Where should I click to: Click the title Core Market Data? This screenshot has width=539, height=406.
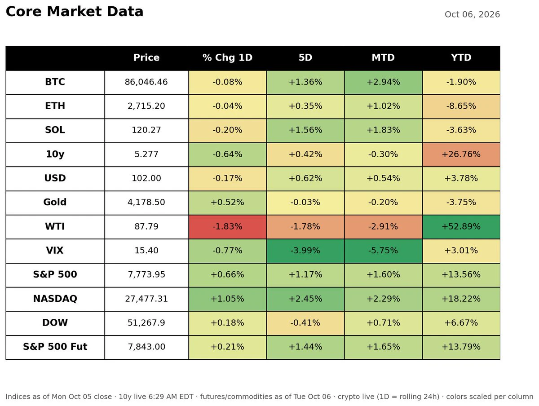click(x=75, y=12)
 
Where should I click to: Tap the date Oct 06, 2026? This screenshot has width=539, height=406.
click(x=472, y=14)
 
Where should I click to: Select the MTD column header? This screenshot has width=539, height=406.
click(x=383, y=57)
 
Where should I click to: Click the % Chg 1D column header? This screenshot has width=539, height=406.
click(x=227, y=57)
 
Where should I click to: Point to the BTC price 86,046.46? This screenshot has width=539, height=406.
click(x=146, y=82)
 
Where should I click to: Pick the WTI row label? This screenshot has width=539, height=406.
click(x=55, y=226)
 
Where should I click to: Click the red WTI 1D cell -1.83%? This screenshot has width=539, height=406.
click(x=227, y=226)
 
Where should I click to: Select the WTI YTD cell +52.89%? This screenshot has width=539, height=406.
click(x=461, y=226)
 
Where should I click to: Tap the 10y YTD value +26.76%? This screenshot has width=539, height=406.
click(x=461, y=154)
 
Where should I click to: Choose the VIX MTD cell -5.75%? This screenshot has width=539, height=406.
click(x=383, y=250)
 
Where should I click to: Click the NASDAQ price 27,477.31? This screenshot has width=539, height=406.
click(x=146, y=299)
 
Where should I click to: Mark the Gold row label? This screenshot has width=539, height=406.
click(x=55, y=202)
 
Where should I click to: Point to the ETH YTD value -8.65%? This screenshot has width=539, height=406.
click(x=461, y=106)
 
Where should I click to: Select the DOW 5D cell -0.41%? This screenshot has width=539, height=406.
click(x=305, y=322)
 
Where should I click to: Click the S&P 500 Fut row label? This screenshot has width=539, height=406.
click(x=55, y=347)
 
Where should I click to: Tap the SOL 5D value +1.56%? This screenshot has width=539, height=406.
click(x=305, y=130)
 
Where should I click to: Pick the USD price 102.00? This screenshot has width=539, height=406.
click(x=146, y=178)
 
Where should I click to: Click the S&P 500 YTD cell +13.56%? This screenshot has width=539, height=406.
click(x=461, y=274)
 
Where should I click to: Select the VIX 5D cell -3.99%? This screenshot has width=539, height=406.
click(x=305, y=250)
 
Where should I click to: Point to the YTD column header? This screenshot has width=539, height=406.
click(x=461, y=57)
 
